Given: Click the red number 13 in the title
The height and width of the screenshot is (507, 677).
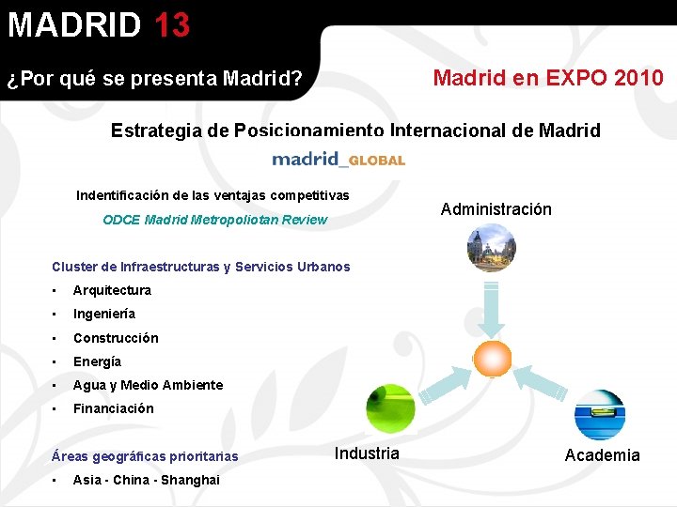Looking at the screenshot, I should pyautogui.click(x=171, y=25).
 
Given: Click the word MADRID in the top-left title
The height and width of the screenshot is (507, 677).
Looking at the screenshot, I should pyautogui.click(x=74, y=25).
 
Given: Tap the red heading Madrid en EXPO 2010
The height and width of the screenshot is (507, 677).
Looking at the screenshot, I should pyautogui.click(x=547, y=78).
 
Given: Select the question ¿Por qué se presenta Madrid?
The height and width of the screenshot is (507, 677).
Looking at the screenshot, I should pyautogui.click(x=155, y=79).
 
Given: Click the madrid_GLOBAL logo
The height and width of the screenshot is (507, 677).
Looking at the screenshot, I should pyautogui.click(x=338, y=160).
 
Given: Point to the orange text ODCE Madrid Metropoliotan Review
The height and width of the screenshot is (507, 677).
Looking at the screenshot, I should pyautogui.click(x=214, y=220).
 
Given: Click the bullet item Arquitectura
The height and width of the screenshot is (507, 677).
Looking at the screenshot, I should pyautogui.click(x=112, y=290).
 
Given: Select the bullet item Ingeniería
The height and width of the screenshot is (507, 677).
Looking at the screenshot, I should pyautogui.click(x=104, y=314).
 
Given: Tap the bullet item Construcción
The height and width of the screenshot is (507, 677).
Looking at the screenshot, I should pyautogui.click(x=116, y=338).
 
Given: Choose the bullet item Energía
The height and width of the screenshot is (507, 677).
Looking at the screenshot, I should pyautogui.click(x=97, y=361).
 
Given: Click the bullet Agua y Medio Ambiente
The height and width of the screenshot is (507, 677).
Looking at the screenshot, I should pyautogui.click(x=148, y=385).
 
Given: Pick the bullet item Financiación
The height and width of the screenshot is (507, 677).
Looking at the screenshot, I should pyautogui.click(x=113, y=408).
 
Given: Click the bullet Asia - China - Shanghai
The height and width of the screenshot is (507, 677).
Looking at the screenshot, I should pyautogui.click(x=146, y=480).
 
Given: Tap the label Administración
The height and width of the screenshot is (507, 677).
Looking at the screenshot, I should pyautogui.click(x=496, y=209).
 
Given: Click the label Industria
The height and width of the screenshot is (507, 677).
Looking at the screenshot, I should pyautogui.click(x=367, y=453).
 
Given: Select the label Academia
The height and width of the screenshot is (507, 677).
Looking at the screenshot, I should pyautogui.click(x=602, y=455).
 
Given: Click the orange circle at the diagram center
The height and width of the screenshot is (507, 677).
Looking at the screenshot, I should pyautogui.click(x=492, y=359).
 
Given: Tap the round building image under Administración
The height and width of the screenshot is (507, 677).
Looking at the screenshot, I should pyautogui.click(x=491, y=248).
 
